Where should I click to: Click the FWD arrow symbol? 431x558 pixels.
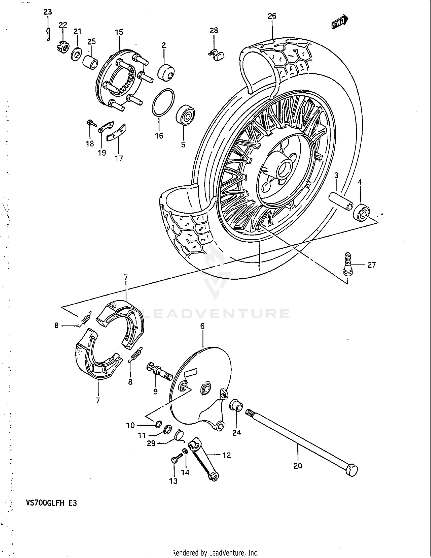(340, 22)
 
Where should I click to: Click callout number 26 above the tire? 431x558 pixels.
(272, 16)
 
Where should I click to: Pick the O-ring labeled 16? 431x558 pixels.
(163, 103)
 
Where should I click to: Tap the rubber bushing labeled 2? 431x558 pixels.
(166, 72)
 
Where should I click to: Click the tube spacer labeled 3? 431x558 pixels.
(341, 201)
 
